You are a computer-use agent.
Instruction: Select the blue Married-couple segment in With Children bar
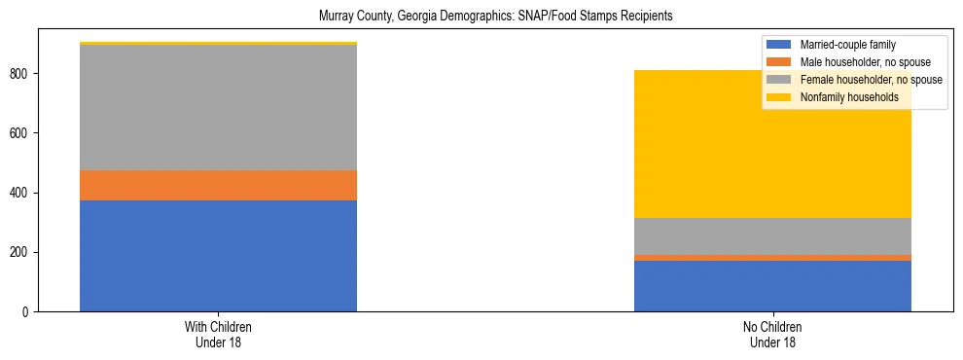[x=218, y=256]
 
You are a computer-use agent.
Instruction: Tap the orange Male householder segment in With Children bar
[x=218, y=185]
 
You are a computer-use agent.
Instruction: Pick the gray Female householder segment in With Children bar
[x=218, y=107]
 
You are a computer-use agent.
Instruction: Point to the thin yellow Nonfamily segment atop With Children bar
[x=218, y=43]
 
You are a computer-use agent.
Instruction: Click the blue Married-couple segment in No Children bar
[x=772, y=286]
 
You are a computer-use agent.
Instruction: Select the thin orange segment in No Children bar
[x=772, y=258]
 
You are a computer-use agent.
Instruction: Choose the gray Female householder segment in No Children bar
[x=772, y=236]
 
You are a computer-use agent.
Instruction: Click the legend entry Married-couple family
[x=847, y=45]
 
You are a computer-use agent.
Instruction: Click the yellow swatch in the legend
[x=779, y=97]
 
